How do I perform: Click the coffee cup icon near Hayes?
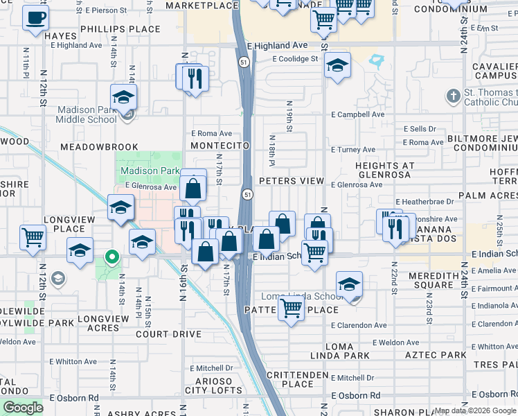tap(35, 18)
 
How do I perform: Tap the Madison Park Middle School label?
tap(87, 114)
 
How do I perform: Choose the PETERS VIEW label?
tap(292, 181)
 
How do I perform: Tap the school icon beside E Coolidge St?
tap(337, 66)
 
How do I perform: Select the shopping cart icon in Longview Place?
tap(33, 238)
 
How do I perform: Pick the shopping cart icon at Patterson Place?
tap(292, 308)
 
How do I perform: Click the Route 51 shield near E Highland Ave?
tap(244, 62)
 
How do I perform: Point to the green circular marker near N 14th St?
tap(111, 258)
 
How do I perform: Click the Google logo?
tap(24, 408)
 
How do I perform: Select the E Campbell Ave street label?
tap(357, 114)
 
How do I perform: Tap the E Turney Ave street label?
tap(352, 149)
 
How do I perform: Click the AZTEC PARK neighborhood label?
tap(437, 355)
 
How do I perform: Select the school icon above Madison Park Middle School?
tap(123, 96)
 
